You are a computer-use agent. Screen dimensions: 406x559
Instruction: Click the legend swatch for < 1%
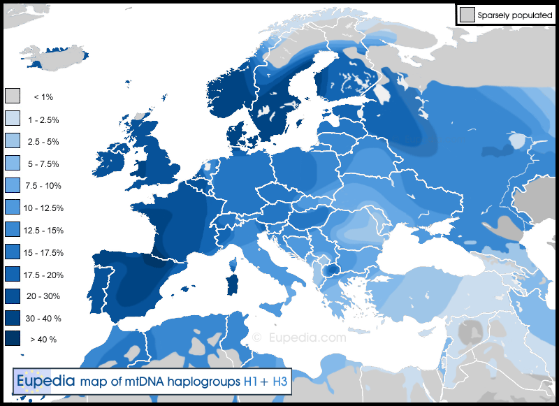coord(13,96)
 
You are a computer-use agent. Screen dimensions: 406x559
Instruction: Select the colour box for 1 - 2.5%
coord(13,119)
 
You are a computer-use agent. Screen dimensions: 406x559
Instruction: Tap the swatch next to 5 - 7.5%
coord(13,163)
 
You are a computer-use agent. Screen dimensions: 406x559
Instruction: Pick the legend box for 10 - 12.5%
coord(13,208)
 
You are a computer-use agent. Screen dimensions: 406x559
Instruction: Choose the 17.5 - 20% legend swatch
coord(13,274)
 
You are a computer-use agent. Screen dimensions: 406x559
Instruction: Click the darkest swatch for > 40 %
coord(13,339)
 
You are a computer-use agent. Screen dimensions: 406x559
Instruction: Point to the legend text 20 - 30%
coord(43,296)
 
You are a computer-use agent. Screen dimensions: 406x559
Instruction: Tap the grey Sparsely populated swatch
coord(467,14)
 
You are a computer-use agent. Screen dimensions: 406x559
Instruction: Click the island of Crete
coord(363,340)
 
